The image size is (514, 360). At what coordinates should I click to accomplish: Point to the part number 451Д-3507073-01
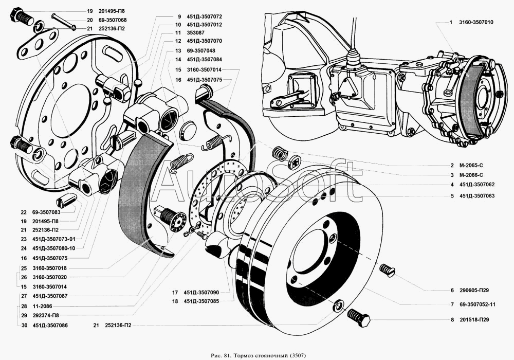(54, 239)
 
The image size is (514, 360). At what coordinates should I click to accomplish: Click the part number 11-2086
(43, 306)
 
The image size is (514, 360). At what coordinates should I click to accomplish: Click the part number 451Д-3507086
(50, 325)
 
